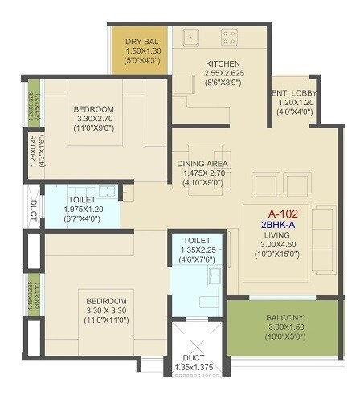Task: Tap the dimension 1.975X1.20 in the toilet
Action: pos(82,210)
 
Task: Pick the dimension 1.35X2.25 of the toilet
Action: pos(196,250)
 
